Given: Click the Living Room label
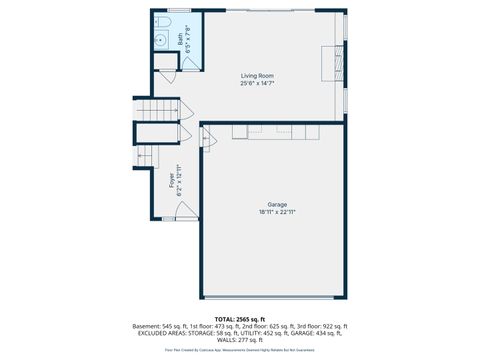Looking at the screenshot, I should (257, 76).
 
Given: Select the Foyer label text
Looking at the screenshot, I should (171, 179).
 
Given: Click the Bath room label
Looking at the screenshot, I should (180, 42).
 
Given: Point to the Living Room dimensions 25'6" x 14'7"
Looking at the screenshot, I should (257, 84).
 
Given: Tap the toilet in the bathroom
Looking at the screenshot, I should (164, 24).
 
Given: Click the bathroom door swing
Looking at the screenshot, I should (191, 62).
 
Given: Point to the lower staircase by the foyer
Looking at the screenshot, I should (146, 155).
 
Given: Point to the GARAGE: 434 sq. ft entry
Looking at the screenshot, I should (318, 333).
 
